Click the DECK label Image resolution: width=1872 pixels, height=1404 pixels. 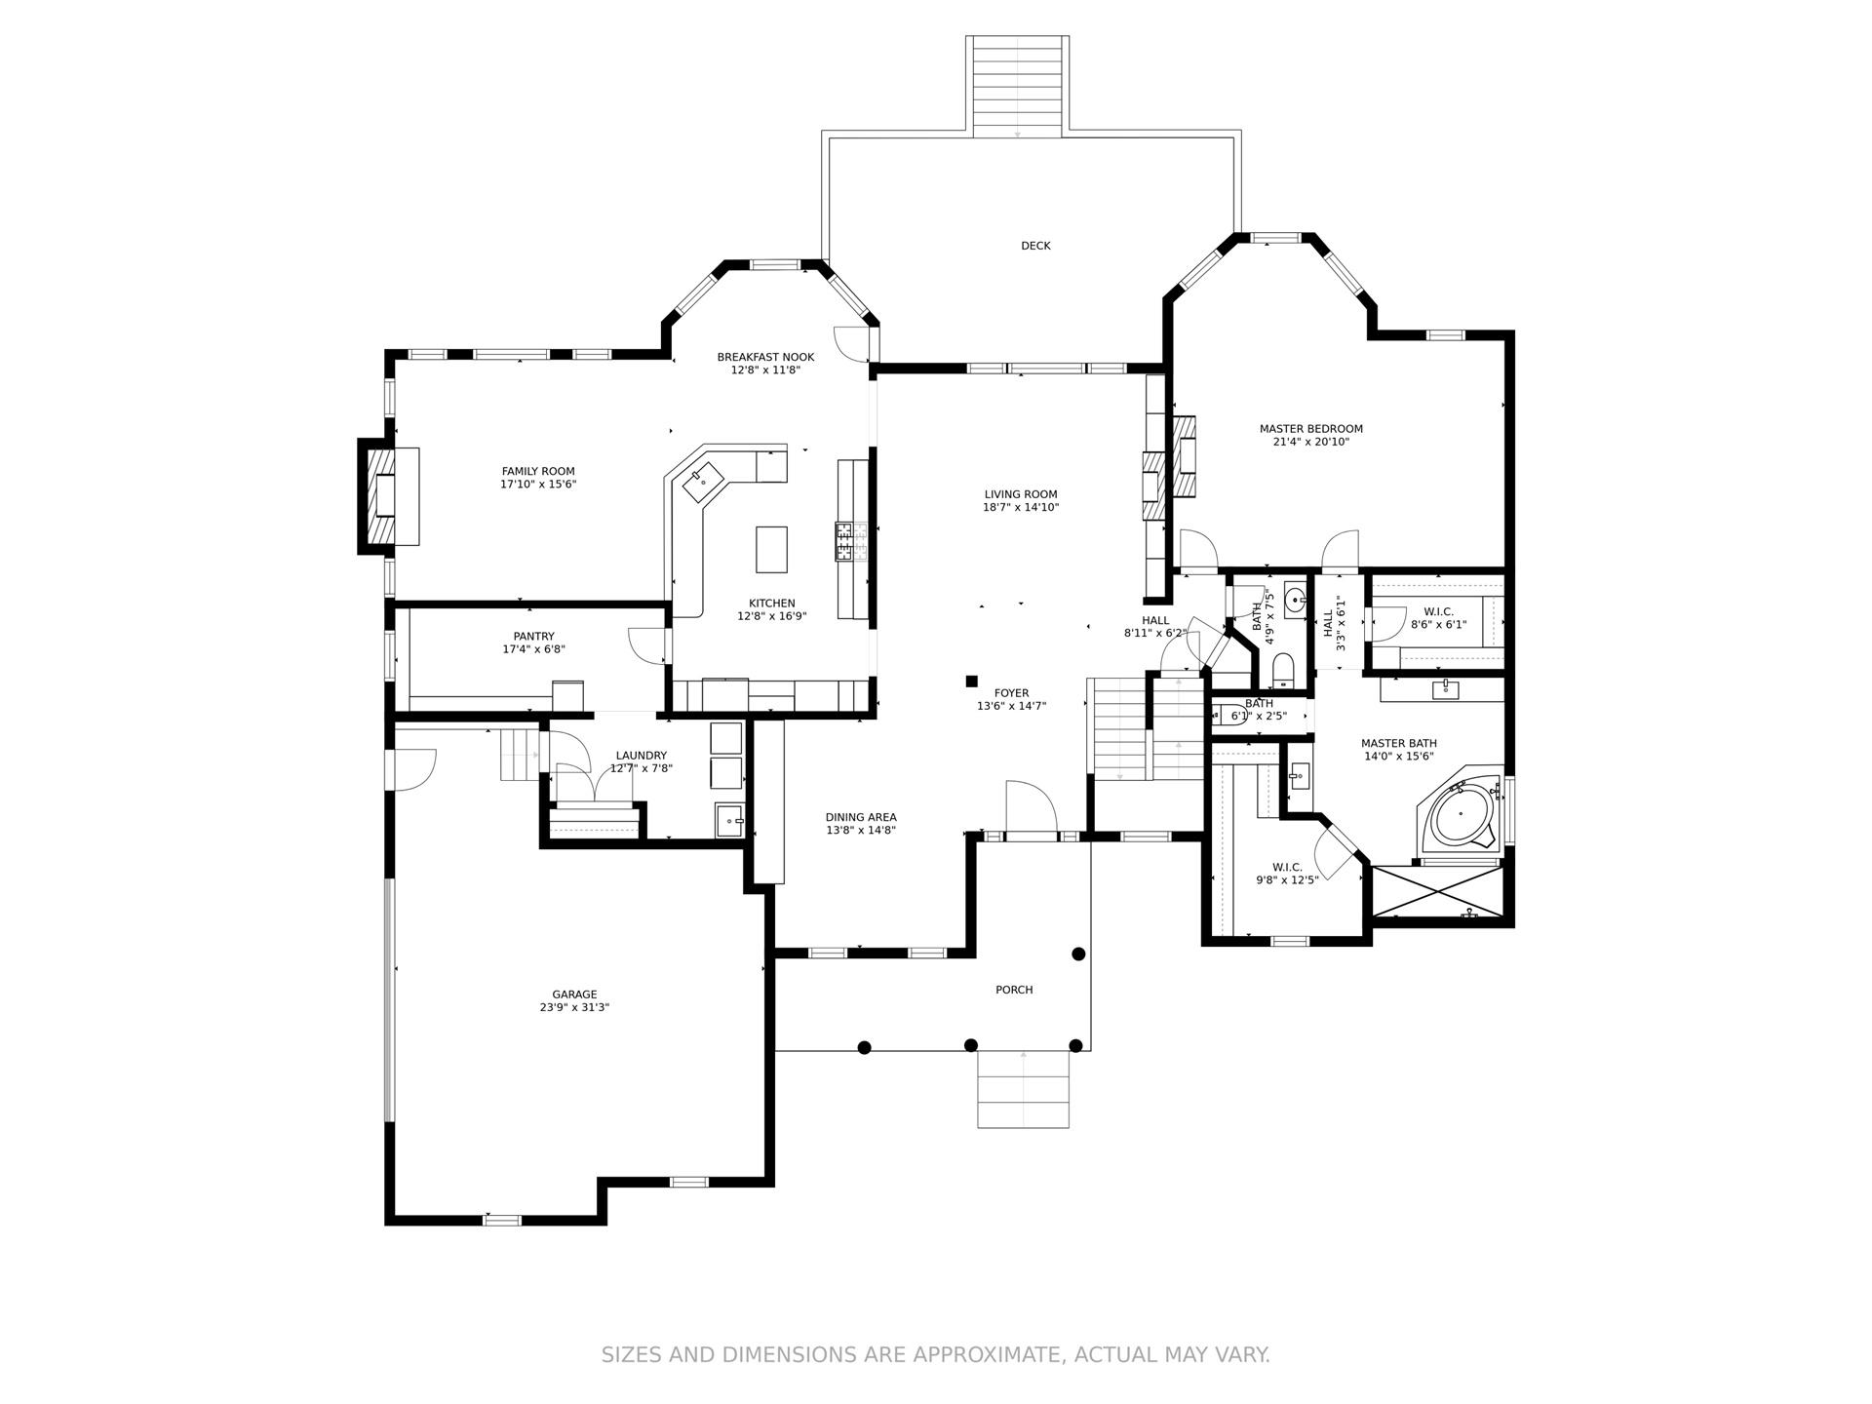click(x=1035, y=246)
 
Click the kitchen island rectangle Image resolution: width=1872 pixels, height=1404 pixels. click(x=771, y=549)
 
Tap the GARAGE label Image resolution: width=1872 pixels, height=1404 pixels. click(x=574, y=994)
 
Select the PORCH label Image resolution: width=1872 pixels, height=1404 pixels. click(x=1014, y=990)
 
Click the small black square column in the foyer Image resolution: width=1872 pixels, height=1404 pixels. click(x=971, y=681)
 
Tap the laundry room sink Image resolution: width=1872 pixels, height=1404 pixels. click(x=729, y=820)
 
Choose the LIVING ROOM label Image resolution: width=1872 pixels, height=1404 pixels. click(x=1021, y=494)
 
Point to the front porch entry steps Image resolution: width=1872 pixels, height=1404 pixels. click(x=1024, y=1089)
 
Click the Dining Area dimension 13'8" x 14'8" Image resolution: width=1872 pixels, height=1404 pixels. click(x=861, y=831)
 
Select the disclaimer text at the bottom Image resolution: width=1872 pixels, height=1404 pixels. click(x=936, y=1354)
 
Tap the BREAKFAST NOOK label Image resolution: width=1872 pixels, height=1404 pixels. click(x=765, y=357)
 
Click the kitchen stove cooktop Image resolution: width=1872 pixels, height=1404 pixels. click(x=844, y=542)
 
